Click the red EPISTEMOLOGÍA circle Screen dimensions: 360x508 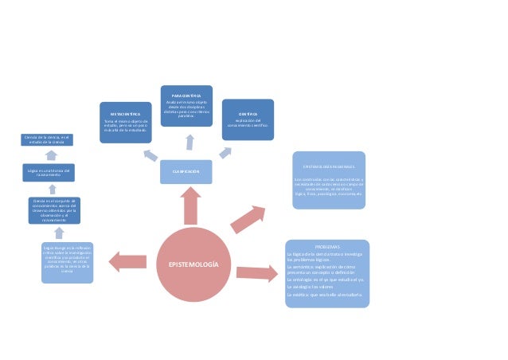[x=190, y=263]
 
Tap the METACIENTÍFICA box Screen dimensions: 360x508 [x=125, y=122]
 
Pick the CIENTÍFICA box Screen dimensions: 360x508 [x=248, y=119]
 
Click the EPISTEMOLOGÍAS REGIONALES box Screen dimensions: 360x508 [x=328, y=180]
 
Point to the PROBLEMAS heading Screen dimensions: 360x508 [x=327, y=247]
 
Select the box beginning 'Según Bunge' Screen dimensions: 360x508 [x=67, y=261]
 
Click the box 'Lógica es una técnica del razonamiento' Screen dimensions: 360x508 [x=49, y=171]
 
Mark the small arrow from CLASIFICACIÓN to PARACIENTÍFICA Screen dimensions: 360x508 [x=190, y=143]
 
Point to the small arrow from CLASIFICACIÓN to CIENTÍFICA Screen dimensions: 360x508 [x=225, y=151]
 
